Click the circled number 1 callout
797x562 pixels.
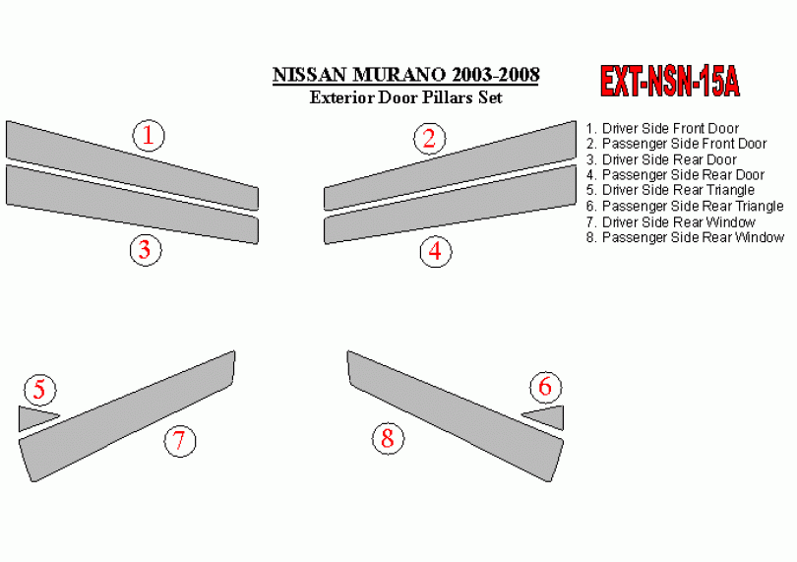pos(149,135)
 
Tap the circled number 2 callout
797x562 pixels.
pos(430,139)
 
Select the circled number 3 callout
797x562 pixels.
pos(146,250)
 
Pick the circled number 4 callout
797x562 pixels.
pos(436,251)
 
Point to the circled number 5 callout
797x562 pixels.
pos(40,390)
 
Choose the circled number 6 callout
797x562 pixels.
pos(545,387)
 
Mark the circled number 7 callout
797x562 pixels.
pos(180,440)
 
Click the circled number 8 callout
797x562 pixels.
pos(389,438)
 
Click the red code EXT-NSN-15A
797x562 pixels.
pos(670,82)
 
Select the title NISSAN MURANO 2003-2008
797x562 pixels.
pos(405,75)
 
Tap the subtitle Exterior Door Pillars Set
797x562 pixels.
pos(405,97)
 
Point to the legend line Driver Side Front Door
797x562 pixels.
pos(662,128)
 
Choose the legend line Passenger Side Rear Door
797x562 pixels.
pos(675,175)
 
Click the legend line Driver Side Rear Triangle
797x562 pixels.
pos(670,190)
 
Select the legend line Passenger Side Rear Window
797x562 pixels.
pos(685,237)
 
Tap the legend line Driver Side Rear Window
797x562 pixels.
pos(670,222)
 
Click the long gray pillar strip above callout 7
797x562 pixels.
pos(127,416)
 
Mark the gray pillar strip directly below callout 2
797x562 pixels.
pos(451,165)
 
